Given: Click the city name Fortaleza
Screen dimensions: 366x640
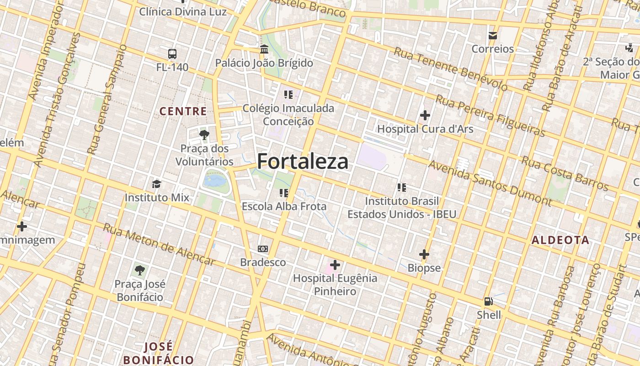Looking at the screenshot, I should (x=303, y=161).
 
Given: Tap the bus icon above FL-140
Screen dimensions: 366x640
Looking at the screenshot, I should (x=172, y=54).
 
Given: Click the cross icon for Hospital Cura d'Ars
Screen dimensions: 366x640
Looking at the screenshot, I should (x=425, y=115).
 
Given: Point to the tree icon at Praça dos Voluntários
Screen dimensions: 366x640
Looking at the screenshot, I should (x=204, y=135).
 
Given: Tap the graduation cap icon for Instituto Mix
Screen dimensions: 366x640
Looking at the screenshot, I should (x=157, y=184).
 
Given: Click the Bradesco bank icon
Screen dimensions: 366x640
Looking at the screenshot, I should (x=263, y=249).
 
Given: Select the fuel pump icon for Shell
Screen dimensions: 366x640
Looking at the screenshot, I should (x=489, y=301).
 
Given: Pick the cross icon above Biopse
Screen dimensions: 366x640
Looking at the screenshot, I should (x=424, y=254).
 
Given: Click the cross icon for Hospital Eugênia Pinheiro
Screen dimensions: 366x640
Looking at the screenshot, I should (x=335, y=264).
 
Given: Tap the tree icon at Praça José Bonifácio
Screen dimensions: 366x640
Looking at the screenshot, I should (x=139, y=270).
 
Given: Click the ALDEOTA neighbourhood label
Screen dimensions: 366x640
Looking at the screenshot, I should (x=560, y=240).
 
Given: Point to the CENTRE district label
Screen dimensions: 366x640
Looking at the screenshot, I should (x=183, y=111).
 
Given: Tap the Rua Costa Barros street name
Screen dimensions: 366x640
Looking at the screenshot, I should (x=565, y=173).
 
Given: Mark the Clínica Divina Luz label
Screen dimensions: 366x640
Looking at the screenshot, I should (x=183, y=11).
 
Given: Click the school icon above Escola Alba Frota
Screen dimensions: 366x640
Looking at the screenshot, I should (x=284, y=193).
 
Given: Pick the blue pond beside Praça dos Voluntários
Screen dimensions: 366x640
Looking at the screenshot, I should (x=215, y=180).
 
